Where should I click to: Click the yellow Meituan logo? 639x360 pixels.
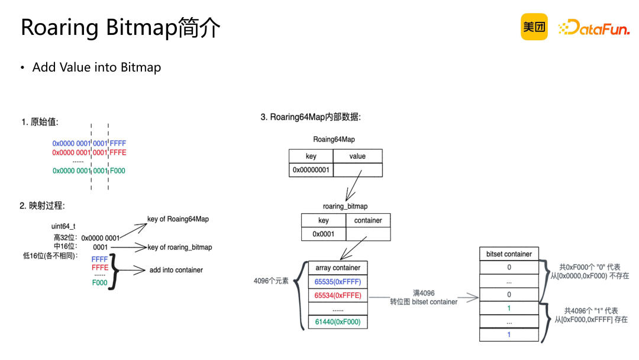tap(534, 27)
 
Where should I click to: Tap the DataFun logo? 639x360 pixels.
tap(593, 27)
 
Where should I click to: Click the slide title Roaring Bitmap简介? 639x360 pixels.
tap(121, 28)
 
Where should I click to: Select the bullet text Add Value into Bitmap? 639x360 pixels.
tap(96, 67)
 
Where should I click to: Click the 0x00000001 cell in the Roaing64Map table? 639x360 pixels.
tap(311, 170)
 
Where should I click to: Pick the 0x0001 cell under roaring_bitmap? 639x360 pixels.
tap(323, 234)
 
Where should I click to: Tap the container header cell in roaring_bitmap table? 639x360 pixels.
tap(368, 220)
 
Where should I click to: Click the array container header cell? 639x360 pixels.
tap(338, 268)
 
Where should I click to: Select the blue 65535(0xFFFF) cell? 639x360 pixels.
tap(338, 282)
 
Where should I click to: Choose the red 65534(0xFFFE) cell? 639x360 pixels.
tap(338, 295)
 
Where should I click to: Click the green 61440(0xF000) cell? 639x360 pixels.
tap(338, 322)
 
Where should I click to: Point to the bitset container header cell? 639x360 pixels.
tap(509, 254)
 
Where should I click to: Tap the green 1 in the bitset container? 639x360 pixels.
tap(509, 308)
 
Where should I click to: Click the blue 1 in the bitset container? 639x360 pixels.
tap(509, 335)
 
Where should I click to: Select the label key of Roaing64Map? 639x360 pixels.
tap(178, 219)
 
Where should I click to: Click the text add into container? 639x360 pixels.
tap(176, 270)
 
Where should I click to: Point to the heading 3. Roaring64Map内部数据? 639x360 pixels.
tap(311, 117)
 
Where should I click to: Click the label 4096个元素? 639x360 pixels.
tap(271, 281)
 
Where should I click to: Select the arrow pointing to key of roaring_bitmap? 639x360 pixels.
tap(128, 247)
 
